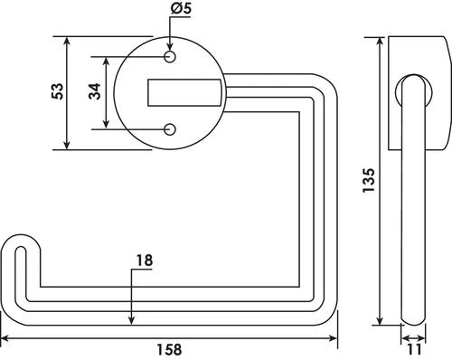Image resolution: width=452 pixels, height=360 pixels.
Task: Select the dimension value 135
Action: [x=366, y=182]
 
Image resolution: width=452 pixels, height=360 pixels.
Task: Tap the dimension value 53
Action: [x=57, y=92]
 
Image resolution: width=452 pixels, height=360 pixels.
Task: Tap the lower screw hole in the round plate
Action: [x=170, y=128]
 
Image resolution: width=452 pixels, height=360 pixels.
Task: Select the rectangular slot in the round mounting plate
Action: [x=184, y=91]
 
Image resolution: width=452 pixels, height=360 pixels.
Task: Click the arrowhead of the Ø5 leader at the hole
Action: [x=170, y=49]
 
